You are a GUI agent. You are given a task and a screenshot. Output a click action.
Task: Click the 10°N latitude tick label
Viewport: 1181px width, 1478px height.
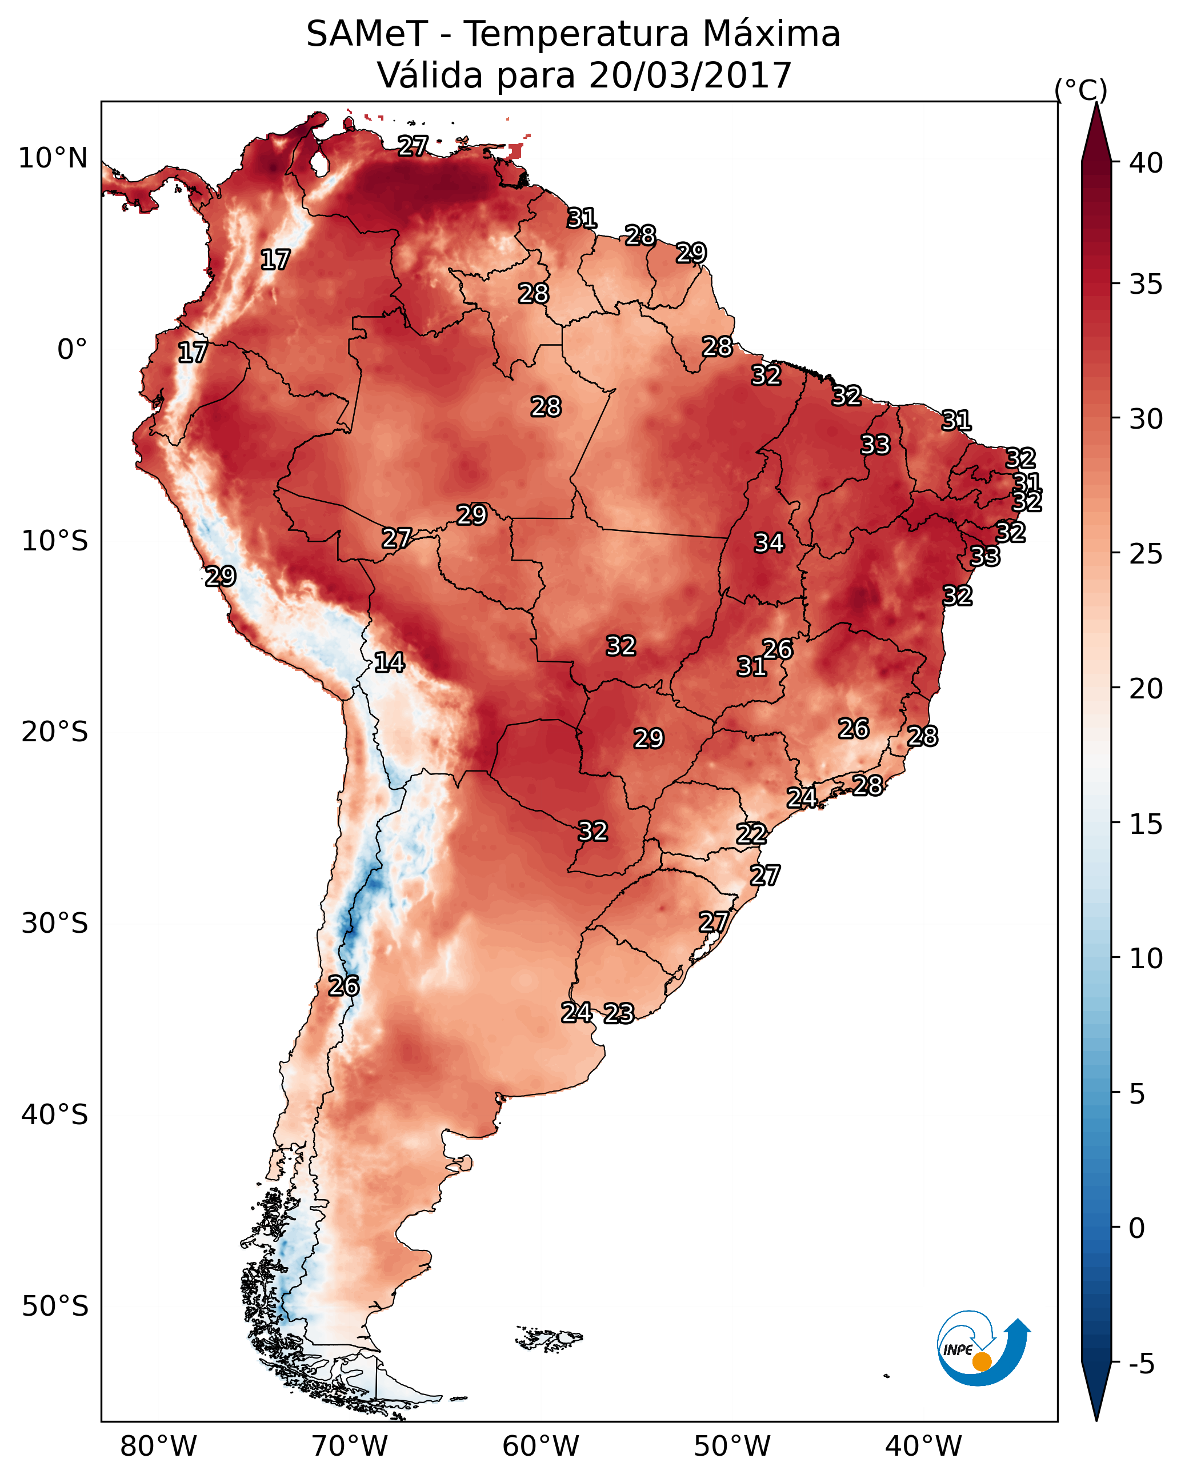point(53,158)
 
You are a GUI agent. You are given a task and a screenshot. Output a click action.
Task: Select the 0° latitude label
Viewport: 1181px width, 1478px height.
point(73,350)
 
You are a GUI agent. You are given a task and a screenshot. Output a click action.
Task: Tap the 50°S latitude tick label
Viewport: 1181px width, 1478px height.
point(55,1306)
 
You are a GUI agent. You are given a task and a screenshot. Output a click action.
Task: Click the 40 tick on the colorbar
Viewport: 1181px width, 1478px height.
point(1146,163)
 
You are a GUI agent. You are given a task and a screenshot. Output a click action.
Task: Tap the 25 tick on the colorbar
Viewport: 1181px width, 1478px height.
point(1146,554)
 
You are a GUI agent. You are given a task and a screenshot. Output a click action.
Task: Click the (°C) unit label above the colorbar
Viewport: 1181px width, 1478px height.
point(1080,90)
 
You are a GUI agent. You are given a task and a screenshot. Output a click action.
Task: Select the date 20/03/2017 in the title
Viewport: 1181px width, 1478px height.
point(690,75)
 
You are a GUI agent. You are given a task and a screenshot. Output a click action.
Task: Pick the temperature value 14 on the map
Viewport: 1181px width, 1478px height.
point(389,662)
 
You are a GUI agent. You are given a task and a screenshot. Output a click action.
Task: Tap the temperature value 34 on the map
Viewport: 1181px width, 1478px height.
point(769,543)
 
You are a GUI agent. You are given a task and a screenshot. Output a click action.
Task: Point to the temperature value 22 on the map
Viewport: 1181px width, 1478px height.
point(751,834)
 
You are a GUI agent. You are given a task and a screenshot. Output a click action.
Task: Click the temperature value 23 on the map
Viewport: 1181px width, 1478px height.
point(619,1013)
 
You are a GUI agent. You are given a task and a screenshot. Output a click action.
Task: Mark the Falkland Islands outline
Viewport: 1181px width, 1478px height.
point(549,1337)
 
